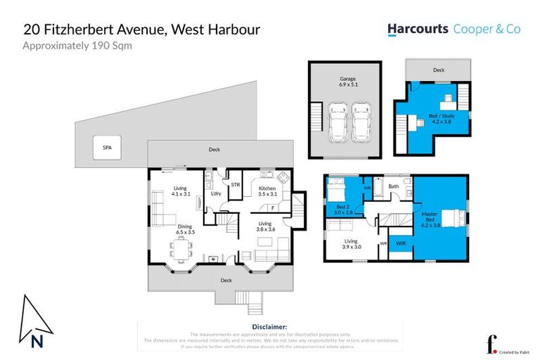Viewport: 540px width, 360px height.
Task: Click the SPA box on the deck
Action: coord(108,148)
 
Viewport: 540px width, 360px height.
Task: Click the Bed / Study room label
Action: coord(439,118)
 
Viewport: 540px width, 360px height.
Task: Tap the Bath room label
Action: coord(394,186)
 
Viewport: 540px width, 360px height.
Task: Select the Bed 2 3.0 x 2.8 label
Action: coord(343,209)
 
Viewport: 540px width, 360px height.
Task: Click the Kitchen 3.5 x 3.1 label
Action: coord(267,192)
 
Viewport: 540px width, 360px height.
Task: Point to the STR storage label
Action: coord(235,186)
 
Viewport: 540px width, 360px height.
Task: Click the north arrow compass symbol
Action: coord(35,321)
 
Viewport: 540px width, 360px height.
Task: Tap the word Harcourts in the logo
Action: coord(418,29)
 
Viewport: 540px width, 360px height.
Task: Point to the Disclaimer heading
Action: coord(269,327)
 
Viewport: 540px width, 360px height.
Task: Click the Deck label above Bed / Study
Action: coord(439,70)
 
